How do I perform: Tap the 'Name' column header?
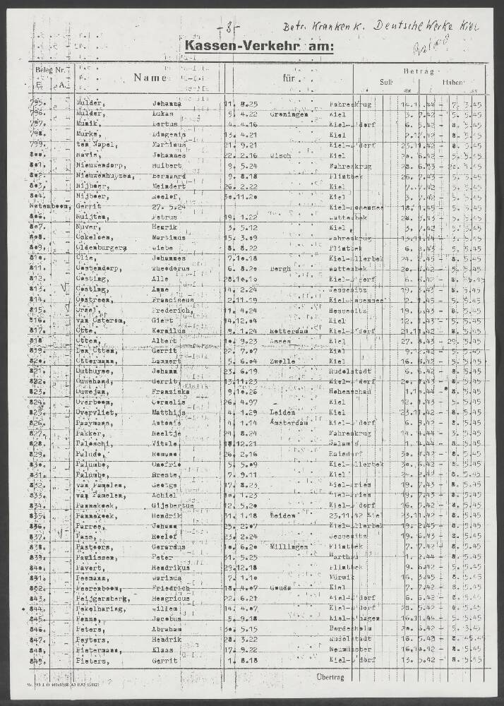click(150, 79)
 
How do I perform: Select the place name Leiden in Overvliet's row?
click(282, 412)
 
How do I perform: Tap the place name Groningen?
click(288, 114)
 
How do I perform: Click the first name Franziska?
click(172, 390)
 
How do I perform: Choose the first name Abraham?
click(167, 628)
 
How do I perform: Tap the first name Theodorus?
click(172, 268)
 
